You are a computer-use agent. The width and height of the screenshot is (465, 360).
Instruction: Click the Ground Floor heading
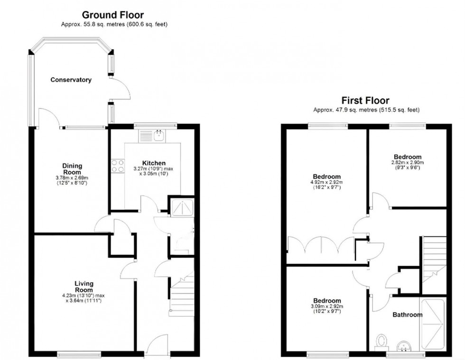(113, 16)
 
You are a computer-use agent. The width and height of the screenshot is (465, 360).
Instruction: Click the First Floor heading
(365, 101)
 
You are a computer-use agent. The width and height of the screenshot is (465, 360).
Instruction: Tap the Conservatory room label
(71, 80)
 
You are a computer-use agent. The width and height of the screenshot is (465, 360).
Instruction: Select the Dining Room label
(72, 169)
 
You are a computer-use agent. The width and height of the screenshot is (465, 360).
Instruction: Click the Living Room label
(84, 286)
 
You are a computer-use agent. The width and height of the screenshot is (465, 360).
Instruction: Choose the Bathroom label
(407, 314)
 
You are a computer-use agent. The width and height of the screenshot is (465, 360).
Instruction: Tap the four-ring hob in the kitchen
(117, 166)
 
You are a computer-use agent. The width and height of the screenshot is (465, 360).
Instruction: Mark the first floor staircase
(434, 259)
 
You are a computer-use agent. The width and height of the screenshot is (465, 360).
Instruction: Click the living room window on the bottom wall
(76, 353)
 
